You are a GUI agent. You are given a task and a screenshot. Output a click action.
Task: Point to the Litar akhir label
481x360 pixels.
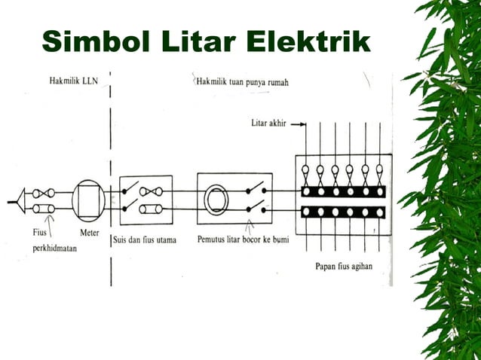[x=268, y=122]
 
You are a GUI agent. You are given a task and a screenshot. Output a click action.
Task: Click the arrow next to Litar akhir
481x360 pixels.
[x=298, y=123]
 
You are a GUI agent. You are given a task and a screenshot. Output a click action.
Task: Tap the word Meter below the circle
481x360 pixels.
[x=89, y=233]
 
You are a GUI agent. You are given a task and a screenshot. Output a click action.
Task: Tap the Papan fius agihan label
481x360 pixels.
[x=343, y=266]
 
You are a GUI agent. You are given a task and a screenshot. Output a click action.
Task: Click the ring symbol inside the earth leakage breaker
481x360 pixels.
[x=217, y=200]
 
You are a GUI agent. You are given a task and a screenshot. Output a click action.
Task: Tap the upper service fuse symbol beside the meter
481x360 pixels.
[x=42, y=192]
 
